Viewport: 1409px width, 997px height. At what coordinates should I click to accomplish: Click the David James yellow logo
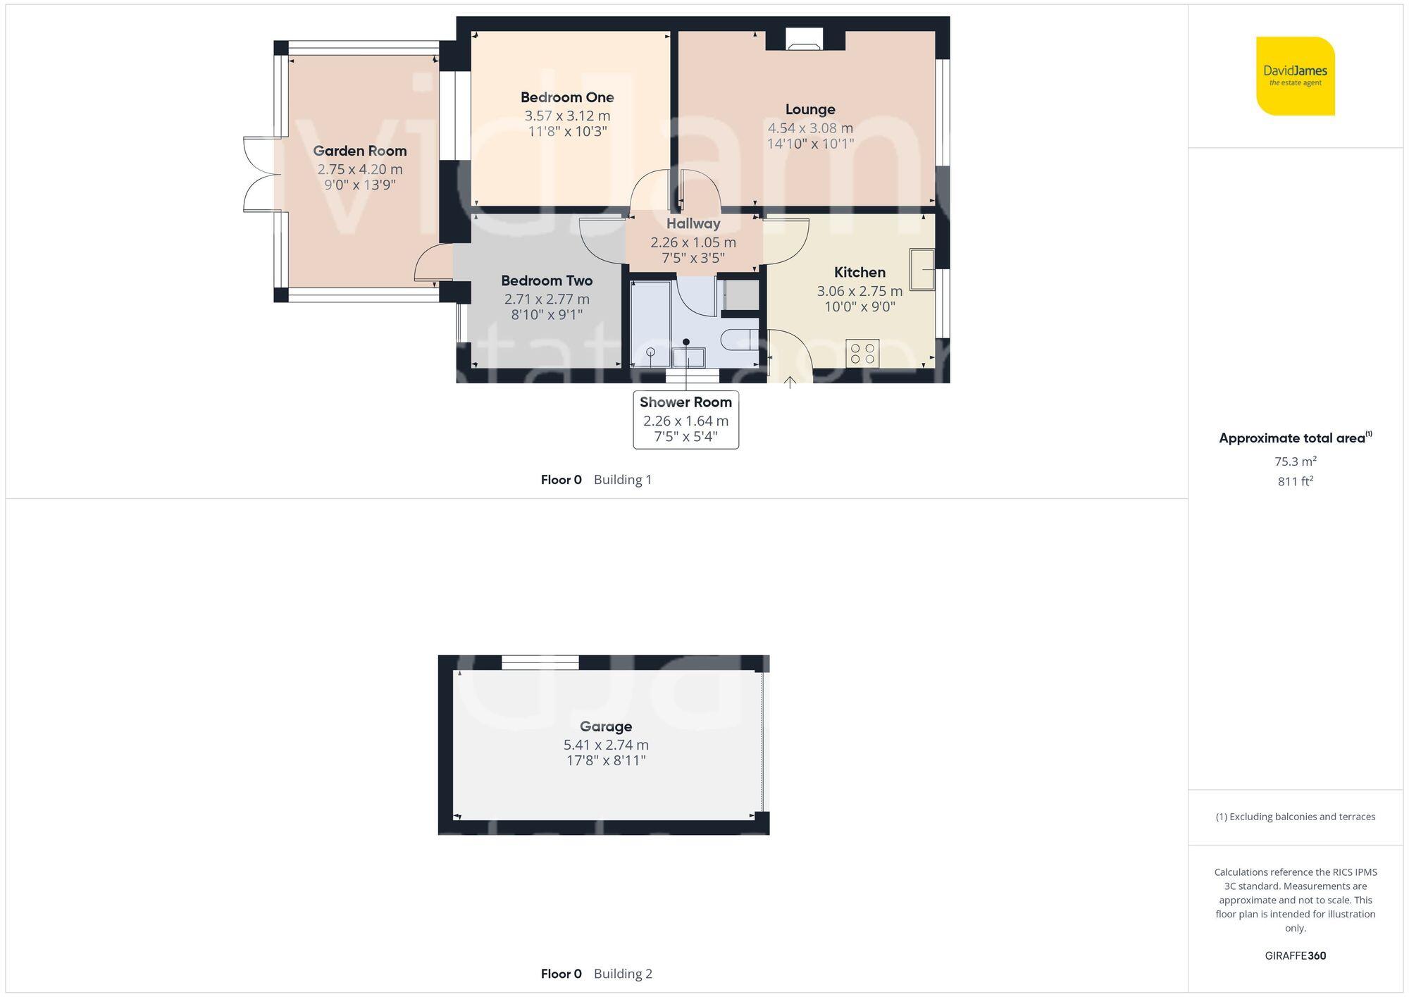pos(1295,76)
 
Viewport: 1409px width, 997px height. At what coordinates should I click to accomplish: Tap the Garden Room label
pos(359,151)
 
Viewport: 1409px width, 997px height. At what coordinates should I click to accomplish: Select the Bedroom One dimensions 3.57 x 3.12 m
pos(567,116)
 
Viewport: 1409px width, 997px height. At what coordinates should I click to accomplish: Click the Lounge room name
pos(810,109)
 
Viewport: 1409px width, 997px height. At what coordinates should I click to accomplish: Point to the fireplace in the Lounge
pos(804,39)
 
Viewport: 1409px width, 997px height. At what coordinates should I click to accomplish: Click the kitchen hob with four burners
pos(862,353)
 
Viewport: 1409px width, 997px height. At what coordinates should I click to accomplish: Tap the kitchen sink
pos(921,269)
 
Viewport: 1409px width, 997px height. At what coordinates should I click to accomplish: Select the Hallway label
pos(693,223)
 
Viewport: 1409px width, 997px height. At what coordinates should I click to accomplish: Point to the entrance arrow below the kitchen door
pos(790,382)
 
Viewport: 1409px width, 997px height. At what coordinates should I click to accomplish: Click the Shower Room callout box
pos(685,419)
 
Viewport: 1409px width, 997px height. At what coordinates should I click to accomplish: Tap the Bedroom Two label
pos(547,280)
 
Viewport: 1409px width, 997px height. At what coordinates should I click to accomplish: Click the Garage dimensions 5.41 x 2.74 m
pos(606,745)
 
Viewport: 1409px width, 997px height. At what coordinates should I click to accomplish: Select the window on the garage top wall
pos(540,662)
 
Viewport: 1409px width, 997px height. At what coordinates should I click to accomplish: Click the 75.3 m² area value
pos(1295,462)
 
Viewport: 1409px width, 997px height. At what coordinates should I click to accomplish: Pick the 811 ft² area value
pos(1295,481)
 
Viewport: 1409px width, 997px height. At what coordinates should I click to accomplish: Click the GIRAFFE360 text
pos(1295,955)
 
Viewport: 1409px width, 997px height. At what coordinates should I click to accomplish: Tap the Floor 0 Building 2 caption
pos(596,974)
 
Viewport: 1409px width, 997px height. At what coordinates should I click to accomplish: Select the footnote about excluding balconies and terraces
pos(1295,817)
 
